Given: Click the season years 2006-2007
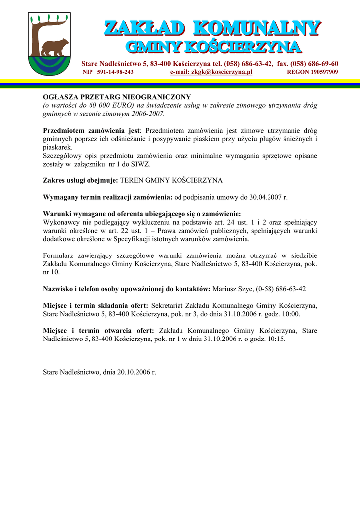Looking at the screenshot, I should pyautogui.click(x=148, y=114).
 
